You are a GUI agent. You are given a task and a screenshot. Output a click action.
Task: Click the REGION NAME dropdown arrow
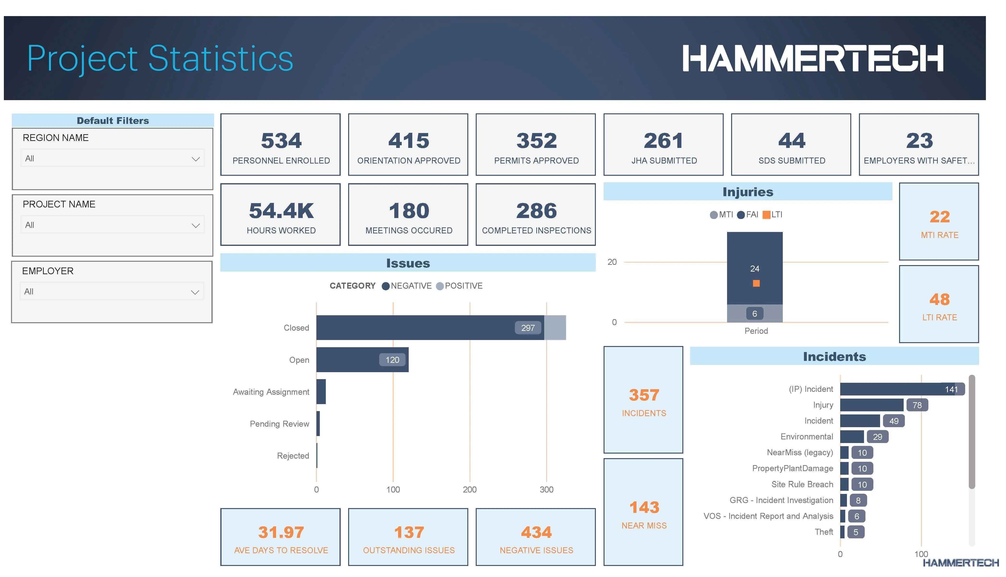(196, 159)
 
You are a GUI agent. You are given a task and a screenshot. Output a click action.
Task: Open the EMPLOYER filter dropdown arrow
(195, 292)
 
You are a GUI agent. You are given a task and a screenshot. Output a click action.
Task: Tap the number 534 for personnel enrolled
(281, 141)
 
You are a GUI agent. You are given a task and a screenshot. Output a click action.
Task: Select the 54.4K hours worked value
(281, 210)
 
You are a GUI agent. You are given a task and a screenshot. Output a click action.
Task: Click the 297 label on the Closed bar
(528, 328)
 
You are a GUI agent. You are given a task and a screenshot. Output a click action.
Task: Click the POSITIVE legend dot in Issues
(440, 286)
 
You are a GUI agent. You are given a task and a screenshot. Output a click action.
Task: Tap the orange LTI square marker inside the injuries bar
(756, 283)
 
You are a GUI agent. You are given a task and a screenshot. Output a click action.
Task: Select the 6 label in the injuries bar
(755, 313)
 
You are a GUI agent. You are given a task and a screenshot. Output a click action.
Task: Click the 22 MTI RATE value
(939, 217)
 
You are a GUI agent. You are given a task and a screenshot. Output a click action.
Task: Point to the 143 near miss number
(644, 507)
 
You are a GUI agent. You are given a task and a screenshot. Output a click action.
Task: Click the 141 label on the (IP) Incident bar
(951, 389)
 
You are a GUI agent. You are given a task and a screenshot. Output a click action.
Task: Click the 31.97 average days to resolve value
(281, 532)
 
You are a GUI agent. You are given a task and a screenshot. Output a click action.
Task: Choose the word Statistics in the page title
(221, 59)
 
